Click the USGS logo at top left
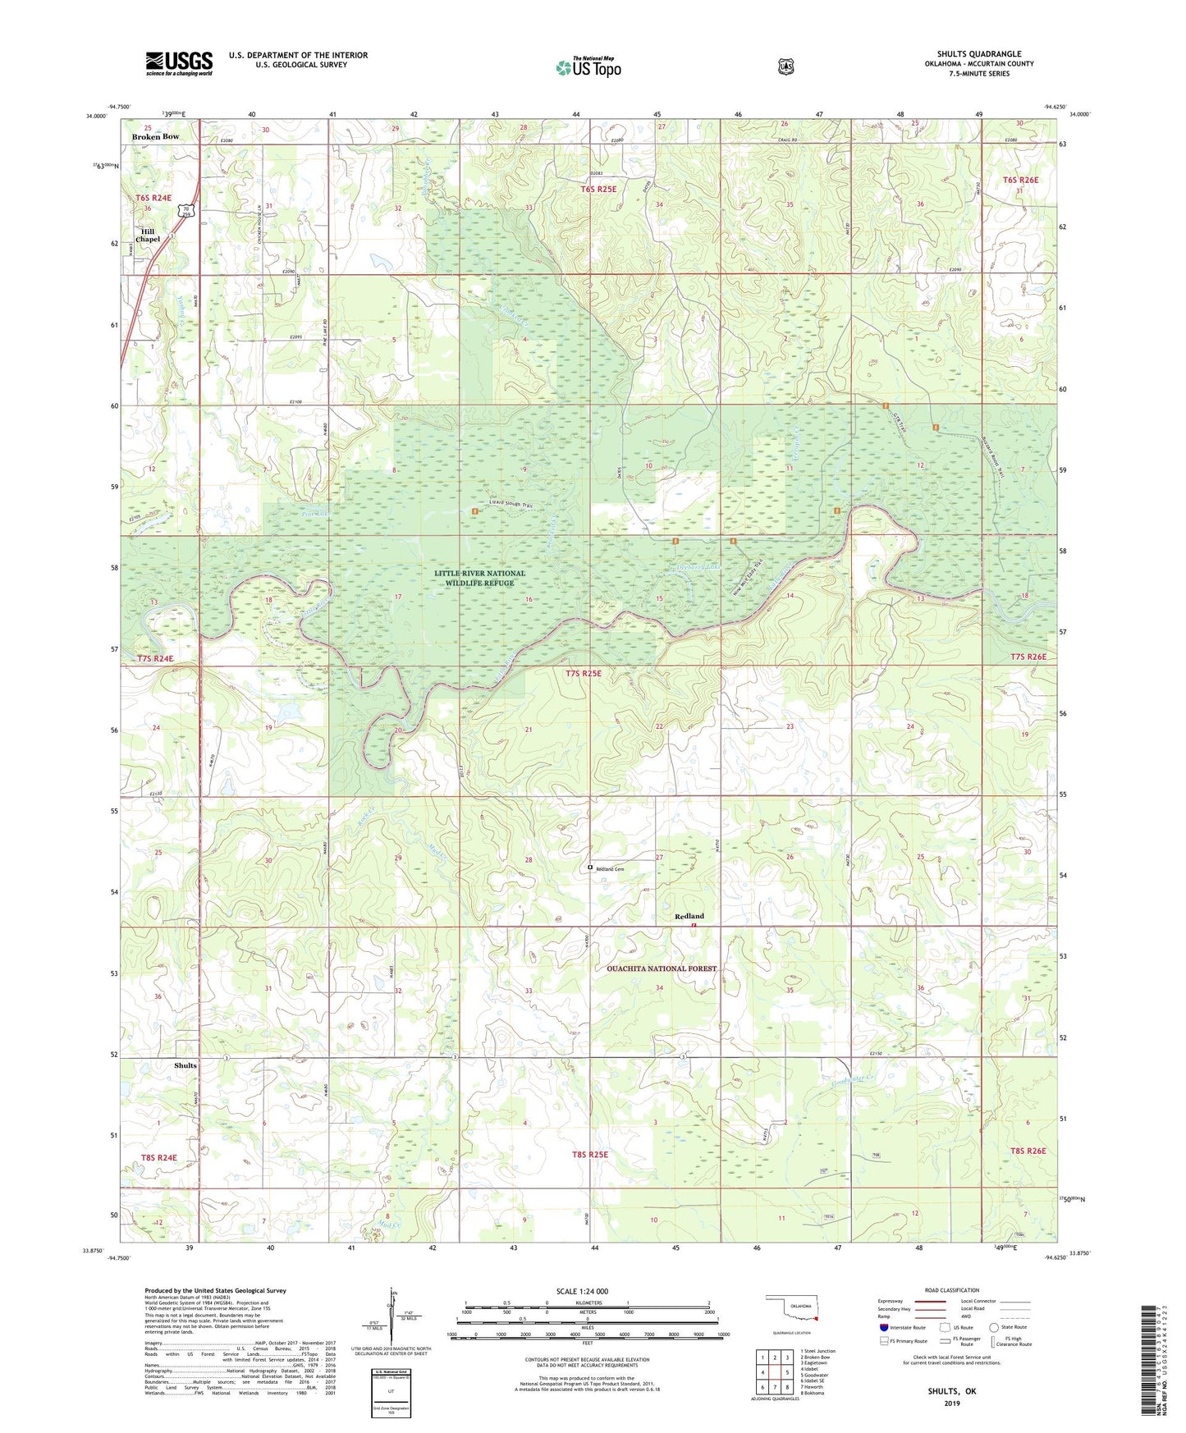pos(179,63)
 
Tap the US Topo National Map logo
pos(588,66)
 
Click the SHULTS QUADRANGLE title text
pos(979,54)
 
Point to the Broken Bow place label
pos(155,136)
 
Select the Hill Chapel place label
pos(148,236)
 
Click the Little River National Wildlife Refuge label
pos(480,578)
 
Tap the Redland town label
pos(689,916)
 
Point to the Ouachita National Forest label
pos(662,968)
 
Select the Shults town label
pos(185,1065)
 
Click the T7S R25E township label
pos(583,674)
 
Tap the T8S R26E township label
pos(1026,1151)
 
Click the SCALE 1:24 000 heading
pos(582,1291)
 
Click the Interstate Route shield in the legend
pos(883,1327)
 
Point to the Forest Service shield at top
pos(786,66)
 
